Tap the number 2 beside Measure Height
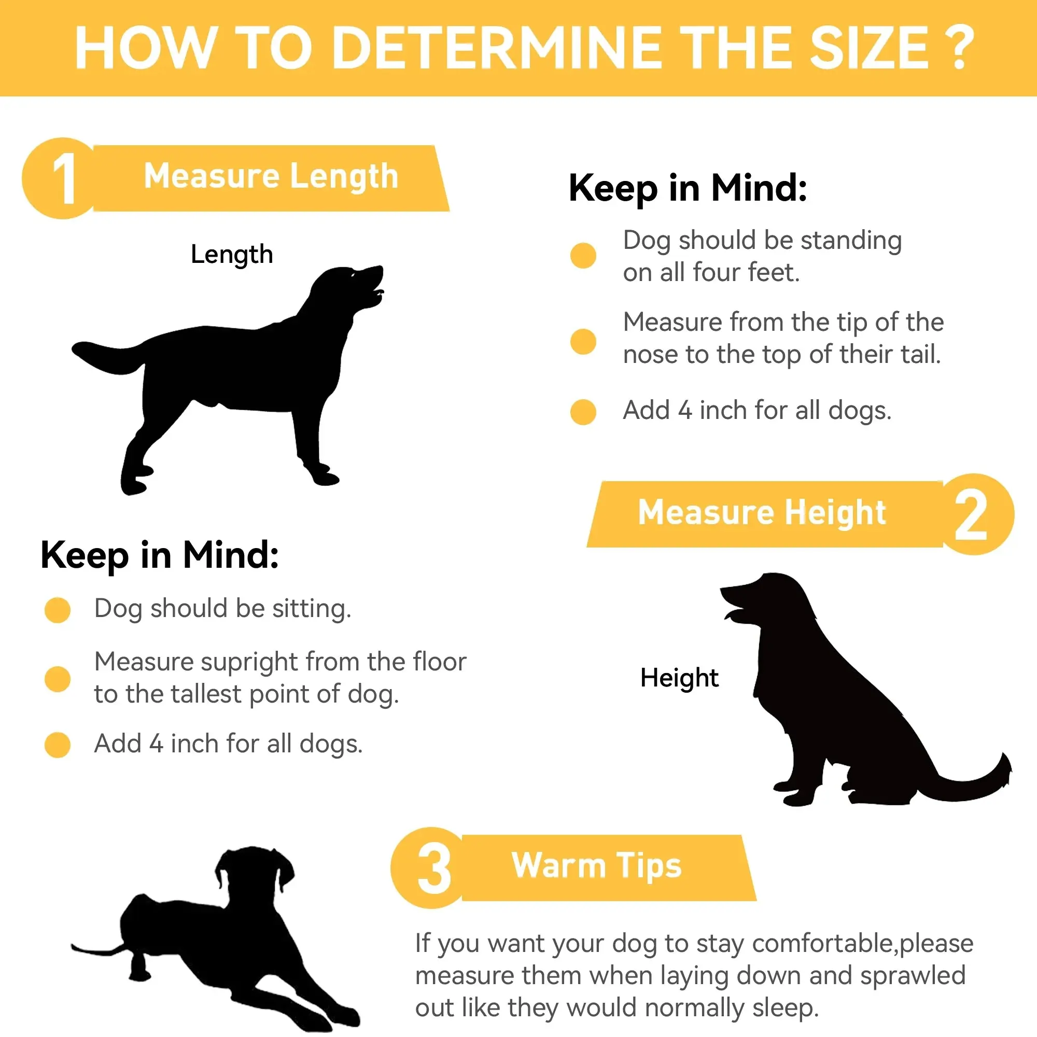tap(971, 515)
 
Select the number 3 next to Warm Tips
tap(433, 868)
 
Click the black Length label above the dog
tap(232, 254)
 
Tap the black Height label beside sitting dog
tap(679, 677)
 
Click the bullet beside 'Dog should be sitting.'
tap(58, 610)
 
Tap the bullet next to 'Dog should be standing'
tap(583, 255)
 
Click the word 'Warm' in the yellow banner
tap(558, 865)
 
